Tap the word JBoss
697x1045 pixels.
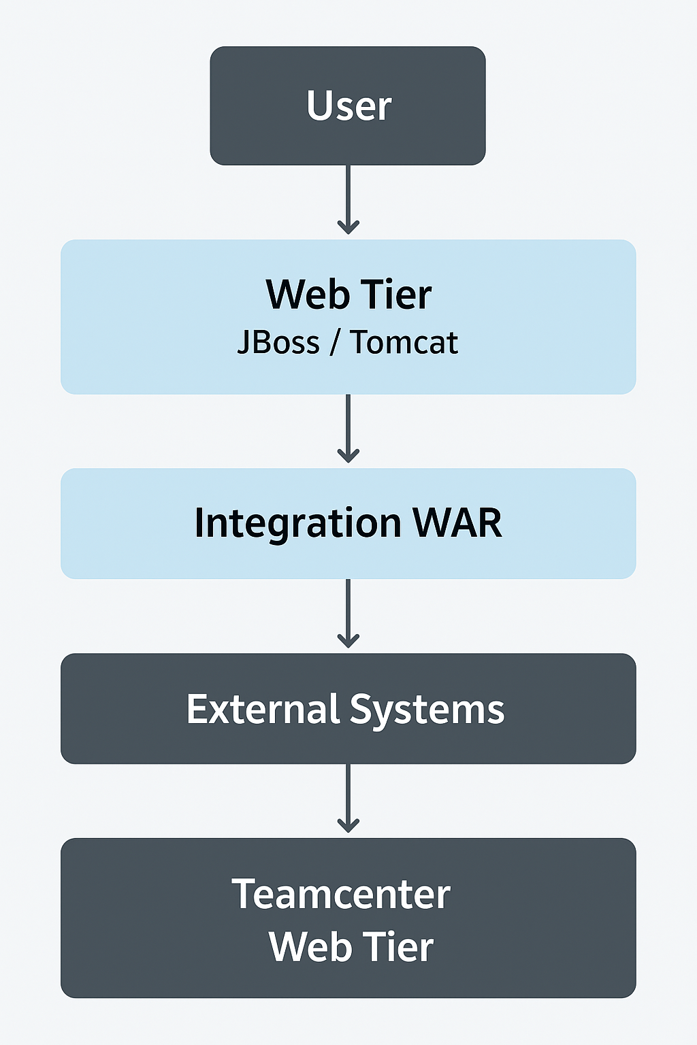point(278,342)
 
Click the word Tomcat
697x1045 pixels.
point(404,342)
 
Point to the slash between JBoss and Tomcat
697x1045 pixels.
point(334,343)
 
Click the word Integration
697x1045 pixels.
point(297,523)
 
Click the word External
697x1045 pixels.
point(263,709)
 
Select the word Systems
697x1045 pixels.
point(427,710)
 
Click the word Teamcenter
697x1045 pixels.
point(341,894)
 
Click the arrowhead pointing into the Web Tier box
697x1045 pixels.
point(348,227)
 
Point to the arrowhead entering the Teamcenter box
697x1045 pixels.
point(348,825)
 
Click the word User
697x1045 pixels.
point(348,106)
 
